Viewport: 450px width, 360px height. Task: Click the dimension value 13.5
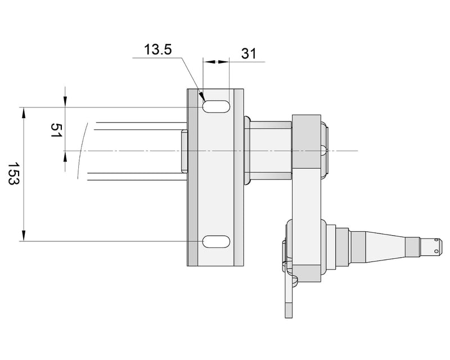157,50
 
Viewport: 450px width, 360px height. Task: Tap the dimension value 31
249,54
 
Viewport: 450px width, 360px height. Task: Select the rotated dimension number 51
56,132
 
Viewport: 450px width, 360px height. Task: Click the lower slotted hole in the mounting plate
216,241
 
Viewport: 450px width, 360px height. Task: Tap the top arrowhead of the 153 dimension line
24,112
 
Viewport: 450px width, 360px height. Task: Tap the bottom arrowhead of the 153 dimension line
24,236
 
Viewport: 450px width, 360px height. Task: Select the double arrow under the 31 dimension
216,62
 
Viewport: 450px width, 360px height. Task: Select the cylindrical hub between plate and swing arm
269,151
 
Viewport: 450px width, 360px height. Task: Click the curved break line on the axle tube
82,151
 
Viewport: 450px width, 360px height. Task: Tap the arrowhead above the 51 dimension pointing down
66,101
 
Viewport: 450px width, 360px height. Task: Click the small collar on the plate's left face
184,151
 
